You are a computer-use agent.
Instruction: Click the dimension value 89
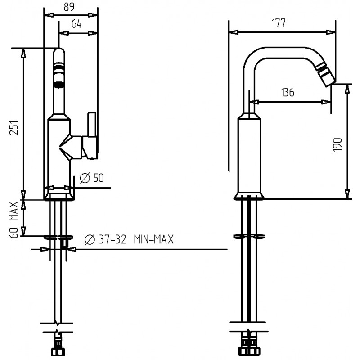(x=69, y=7)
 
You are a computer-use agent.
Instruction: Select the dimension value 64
(x=76, y=24)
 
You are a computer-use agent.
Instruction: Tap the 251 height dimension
(x=14, y=127)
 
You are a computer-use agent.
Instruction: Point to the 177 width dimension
(x=279, y=23)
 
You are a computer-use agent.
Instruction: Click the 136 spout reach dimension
(x=288, y=92)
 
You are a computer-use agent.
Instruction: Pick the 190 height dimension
(x=337, y=145)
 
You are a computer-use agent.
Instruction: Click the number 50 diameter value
(x=99, y=178)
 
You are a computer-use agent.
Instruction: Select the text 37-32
(x=113, y=239)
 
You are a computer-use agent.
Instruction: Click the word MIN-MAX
(x=154, y=239)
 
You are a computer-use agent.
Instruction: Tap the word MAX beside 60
(x=14, y=211)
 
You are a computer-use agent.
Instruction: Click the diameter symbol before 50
(x=85, y=178)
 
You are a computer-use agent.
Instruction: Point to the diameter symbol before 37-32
(x=90, y=240)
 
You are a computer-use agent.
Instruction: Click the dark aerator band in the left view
(x=59, y=84)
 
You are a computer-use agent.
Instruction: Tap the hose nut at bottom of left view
(x=58, y=352)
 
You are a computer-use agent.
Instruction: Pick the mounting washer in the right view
(x=249, y=236)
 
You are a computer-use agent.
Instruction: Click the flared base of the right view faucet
(x=249, y=195)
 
